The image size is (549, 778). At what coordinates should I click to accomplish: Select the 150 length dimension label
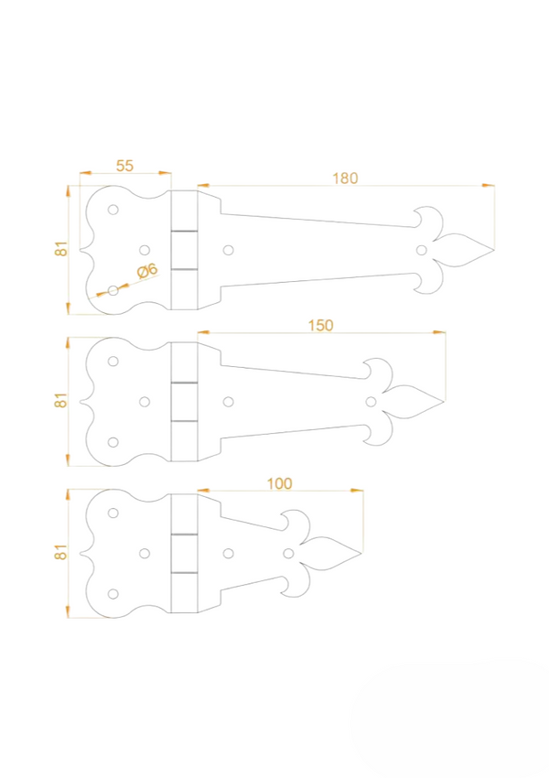click(x=320, y=325)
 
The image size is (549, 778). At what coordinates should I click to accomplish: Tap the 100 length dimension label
click(x=280, y=482)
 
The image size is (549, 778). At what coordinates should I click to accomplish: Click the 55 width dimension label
click(x=125, y=165)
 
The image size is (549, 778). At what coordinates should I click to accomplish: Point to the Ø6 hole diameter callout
click(x=147, y=270)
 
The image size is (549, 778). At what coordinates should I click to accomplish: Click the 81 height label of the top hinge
click(x=61, y=249)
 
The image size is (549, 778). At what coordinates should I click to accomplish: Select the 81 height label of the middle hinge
click(x=61, y=400)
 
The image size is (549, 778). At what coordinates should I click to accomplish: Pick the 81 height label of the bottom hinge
click(x=61, y=552)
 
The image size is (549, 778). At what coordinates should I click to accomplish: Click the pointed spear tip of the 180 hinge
click(x=493, y=249)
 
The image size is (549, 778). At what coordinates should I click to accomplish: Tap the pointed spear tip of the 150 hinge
click(x=444, y=401)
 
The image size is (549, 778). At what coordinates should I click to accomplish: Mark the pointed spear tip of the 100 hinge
click(x=362, y=553)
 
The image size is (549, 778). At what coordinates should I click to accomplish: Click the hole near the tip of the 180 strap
click(x=421, y=249)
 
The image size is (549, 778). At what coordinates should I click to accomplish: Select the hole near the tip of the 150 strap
click(x=371, y=401)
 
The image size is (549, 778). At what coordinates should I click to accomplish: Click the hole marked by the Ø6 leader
click(x=113, y=290)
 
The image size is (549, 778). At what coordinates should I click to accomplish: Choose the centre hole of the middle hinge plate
click(x=144, y=401)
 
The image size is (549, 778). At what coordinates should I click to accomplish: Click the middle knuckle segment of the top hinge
click(x=185, y=250)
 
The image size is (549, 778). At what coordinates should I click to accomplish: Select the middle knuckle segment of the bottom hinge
click(x=185, y=553)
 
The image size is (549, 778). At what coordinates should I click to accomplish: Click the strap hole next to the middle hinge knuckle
click(x=228, y=401)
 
